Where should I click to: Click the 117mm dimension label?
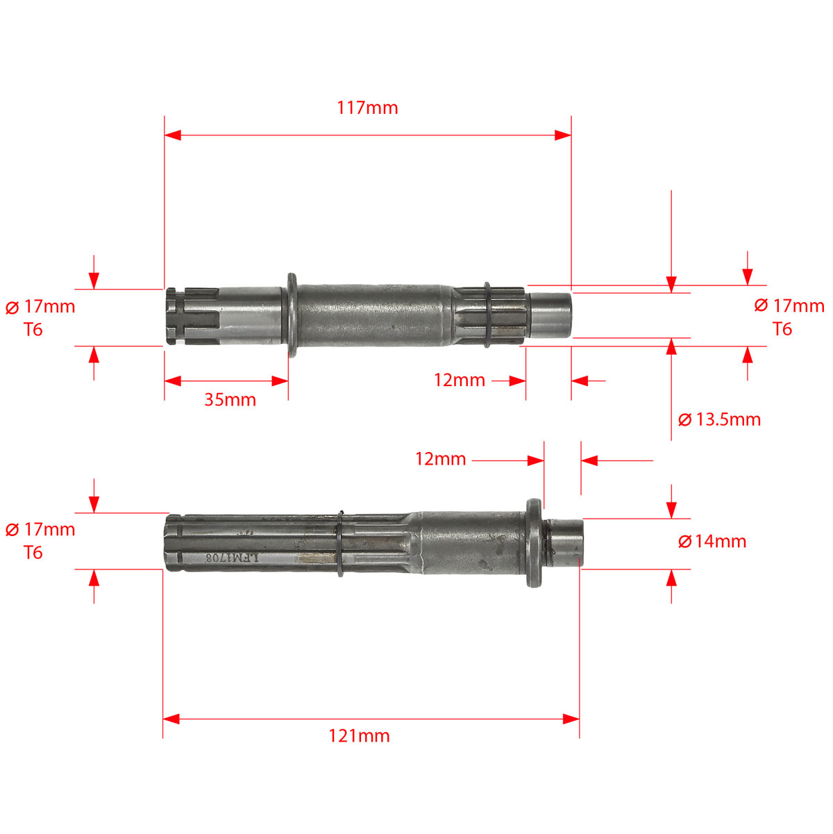367,108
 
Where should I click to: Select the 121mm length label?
359,735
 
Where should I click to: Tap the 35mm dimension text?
230,399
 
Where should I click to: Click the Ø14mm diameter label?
712,541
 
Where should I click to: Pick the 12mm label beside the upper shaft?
459,380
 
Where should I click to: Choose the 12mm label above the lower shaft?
441,458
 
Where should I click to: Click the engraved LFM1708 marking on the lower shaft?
233,558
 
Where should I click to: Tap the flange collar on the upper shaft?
292,315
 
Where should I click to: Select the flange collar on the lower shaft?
534,543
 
